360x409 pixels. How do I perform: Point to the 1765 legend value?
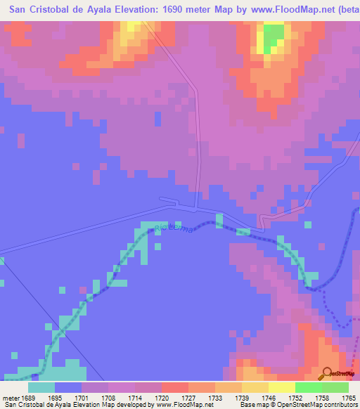click(x=349, y=396)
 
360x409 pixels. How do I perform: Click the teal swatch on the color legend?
click(x=41, y=387)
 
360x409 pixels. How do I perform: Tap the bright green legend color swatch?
click(x=308, y=387)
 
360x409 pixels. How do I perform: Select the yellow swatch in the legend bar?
click(x=281, y=387)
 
